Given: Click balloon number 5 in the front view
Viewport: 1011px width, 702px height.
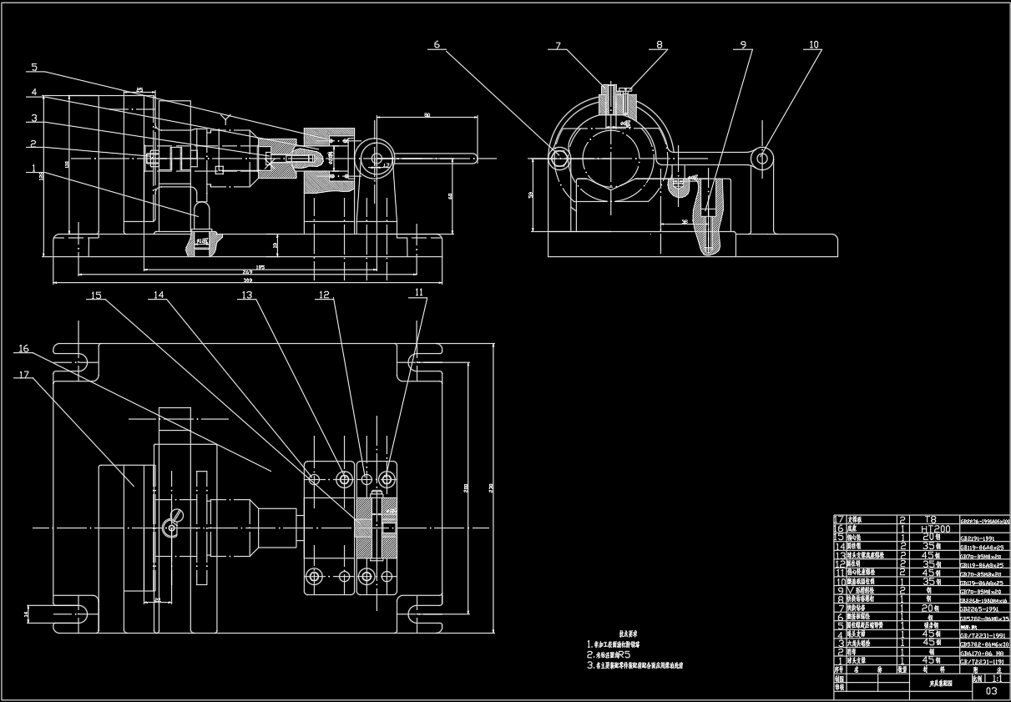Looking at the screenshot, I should point(34,67).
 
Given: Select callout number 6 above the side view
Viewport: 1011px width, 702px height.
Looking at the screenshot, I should point(436,44).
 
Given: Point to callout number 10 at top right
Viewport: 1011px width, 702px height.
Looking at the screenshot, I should point(813,44).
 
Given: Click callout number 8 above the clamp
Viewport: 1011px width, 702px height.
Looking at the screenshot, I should point(659,44).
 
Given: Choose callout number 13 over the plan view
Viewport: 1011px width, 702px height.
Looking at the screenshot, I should point(246,295).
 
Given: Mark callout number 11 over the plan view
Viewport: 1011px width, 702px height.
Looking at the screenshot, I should point(418,292).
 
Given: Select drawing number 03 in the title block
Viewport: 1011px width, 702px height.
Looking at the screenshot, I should point(991,690).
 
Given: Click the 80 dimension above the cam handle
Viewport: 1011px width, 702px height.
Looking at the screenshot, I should point(427,114).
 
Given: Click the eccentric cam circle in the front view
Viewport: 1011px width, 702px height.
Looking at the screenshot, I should point(377,158).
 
